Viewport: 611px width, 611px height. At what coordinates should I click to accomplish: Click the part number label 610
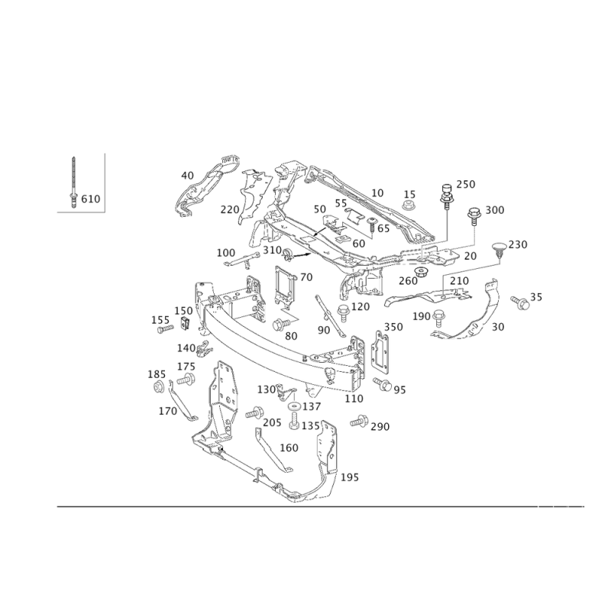tap(90, 199)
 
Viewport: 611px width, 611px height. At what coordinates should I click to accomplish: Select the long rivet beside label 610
tap(73, 183)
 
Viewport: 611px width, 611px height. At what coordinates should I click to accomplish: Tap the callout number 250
tap(466, 184)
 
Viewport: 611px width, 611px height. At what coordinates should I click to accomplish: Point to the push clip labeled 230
tap(499, 250)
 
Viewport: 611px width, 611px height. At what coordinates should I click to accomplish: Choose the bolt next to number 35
tap(520, 302)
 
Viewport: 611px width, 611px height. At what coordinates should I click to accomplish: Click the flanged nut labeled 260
tap(421, 271)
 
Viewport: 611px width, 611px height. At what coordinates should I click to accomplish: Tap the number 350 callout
tap(393, 327)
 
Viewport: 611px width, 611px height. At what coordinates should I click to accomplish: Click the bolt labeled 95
tap(383, 384)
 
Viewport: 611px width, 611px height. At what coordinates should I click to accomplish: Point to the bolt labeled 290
tap(359, 422)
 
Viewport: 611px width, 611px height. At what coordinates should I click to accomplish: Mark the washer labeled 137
tap(294, 407)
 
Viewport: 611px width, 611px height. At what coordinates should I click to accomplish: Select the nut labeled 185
tap(158, 387)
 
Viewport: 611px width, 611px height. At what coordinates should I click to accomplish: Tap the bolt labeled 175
tap(186, 379)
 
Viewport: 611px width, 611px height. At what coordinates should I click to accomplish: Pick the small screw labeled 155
tap(165, 330)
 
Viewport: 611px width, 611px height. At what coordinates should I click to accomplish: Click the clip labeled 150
tap(186, 323)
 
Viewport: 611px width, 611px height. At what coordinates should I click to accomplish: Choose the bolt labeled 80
tap(281, 324)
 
